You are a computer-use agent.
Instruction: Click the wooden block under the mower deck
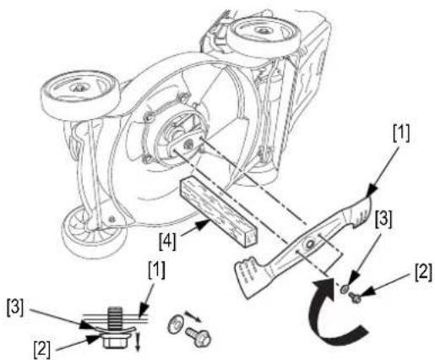tap(219, 213)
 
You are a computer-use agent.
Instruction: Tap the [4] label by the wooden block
tap(167, 242)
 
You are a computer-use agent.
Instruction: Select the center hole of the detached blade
tap(311, 243)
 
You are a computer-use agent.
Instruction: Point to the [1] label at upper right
tap(401, 134)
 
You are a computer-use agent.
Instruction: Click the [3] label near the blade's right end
tap(383, 220)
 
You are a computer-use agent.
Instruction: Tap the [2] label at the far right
tap(423, 272)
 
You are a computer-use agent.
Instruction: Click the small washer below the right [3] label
tap(345, 289)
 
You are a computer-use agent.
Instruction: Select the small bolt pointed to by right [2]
tap(354, 297)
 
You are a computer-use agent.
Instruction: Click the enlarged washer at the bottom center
tap(175, 325)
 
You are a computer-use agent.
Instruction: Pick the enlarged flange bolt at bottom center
tap(198, 337)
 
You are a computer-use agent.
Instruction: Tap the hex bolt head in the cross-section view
tap(115, 341)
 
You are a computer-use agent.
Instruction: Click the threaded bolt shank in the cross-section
tap(115, 319)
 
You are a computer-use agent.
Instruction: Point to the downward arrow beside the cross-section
tap(138, 341)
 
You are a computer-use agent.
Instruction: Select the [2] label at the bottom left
tap(42, 349)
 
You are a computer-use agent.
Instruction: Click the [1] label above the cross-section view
tap(156, 270)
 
